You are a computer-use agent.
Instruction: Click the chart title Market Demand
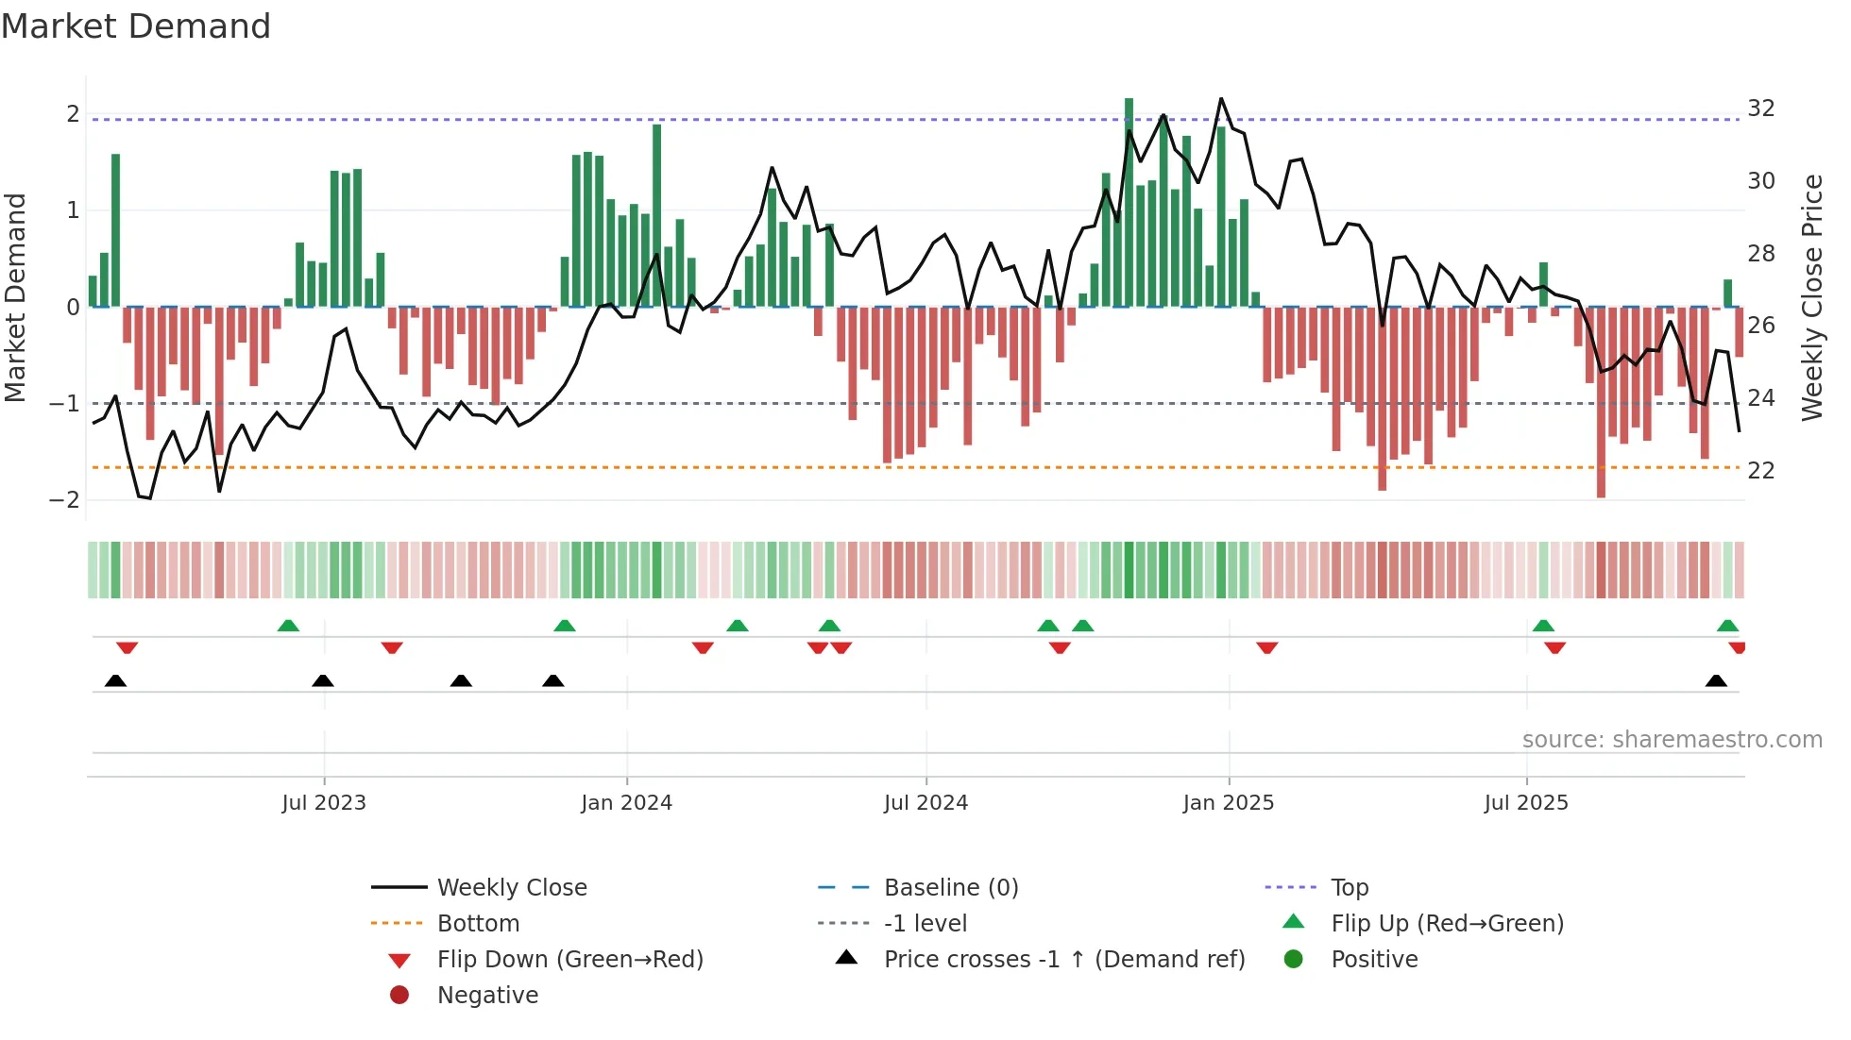[x=136, y=26]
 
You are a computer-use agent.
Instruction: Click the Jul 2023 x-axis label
[x=324, y=803]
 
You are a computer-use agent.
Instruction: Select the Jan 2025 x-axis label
[x=1228, y=803]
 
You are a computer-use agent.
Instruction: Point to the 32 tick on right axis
[x=1760, y=109]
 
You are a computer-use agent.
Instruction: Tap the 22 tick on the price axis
[x=1760, y=470]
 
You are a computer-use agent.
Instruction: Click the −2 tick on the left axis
[x=64, y=499]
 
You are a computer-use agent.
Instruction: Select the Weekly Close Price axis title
[x=1811, y=297]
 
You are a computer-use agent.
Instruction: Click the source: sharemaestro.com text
[x=1672, y=740]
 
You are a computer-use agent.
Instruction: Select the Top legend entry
[x=1349, y=888]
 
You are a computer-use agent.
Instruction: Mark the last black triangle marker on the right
[x=1716, y=681]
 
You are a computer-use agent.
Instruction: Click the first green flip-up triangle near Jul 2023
[x=288, y=626]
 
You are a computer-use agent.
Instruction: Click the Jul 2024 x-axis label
[x=925, y=803]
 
